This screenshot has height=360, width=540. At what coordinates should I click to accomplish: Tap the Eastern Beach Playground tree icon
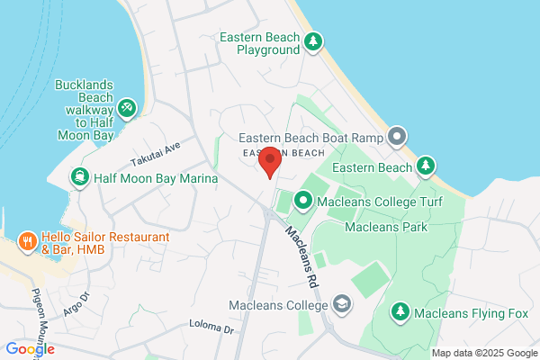[313, 41]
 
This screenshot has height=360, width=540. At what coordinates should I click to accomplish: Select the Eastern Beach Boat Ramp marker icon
[398, 137]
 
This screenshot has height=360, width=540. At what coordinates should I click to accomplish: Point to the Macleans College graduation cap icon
[342, 305]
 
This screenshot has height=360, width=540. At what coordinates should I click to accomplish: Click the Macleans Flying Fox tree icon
[400, 312]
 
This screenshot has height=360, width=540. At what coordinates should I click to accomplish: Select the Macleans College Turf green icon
[304, 200]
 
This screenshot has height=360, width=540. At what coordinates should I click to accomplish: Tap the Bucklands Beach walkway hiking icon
[127, 109]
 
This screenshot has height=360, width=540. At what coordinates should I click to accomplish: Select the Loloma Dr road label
[211, 327]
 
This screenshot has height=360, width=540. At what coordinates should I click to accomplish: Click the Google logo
[29, 349]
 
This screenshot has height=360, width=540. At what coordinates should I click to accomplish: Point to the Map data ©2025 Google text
[482, 352]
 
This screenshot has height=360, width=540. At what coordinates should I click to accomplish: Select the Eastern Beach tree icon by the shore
[426, 166]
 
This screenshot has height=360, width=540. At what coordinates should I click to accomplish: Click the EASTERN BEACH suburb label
[279, 153]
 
